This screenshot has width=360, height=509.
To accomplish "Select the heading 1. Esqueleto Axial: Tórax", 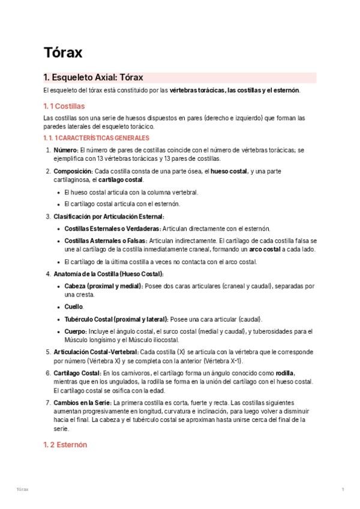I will tap(93, 78).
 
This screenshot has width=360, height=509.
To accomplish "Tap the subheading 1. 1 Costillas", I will tap(64, 106).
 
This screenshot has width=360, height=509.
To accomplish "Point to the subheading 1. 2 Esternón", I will tap(65, 445).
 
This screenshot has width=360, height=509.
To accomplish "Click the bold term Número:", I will tap(65, 149).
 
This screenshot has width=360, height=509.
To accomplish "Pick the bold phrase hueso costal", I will tap(229, 171).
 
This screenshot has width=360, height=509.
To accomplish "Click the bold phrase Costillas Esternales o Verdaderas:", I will tap(112, 229).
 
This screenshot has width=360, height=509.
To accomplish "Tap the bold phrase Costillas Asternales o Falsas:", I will tap(107, 240).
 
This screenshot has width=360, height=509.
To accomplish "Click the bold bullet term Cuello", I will tap(74, 307).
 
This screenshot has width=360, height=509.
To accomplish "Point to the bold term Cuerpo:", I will tap(76, 331).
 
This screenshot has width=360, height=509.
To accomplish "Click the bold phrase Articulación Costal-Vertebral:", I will tap(96, 352).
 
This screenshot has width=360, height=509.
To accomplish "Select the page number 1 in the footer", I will tap(343, 490).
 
